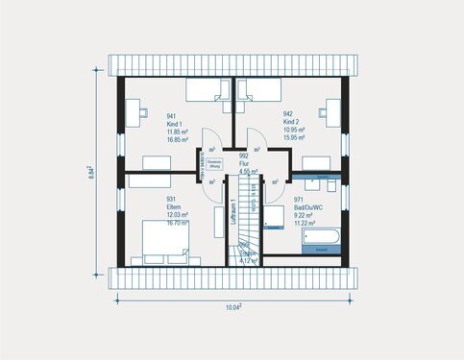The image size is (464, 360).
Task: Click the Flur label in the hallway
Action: coord(244,162)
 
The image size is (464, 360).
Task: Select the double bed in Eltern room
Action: coord(164,241)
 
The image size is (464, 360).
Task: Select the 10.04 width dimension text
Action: coord(233,306)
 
